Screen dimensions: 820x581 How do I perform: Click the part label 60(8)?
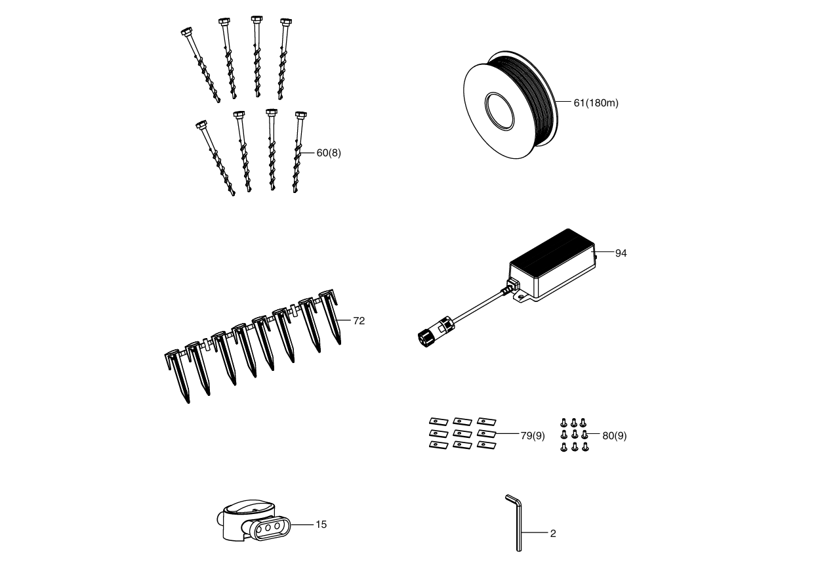(329, 153)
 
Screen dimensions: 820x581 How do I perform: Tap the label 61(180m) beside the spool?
(596, 103)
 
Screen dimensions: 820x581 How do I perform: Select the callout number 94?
(621, 253)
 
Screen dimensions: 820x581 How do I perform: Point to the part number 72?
(359, 321)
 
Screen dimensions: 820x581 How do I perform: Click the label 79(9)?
(533, 435)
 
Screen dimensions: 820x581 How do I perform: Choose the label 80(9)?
(614, 435)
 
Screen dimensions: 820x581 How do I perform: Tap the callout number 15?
(321, 525)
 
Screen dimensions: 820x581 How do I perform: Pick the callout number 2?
(553, 534)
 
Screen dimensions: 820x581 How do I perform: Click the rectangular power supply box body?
(552, 263)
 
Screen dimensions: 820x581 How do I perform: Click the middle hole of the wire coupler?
(268, 528)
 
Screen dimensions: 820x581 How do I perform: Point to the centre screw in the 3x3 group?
(575, 435)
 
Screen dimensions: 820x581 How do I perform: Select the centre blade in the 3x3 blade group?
(462, 434)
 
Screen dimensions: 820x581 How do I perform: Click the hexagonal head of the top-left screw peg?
(187, 31)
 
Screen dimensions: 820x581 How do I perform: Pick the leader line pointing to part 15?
(302, 525)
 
